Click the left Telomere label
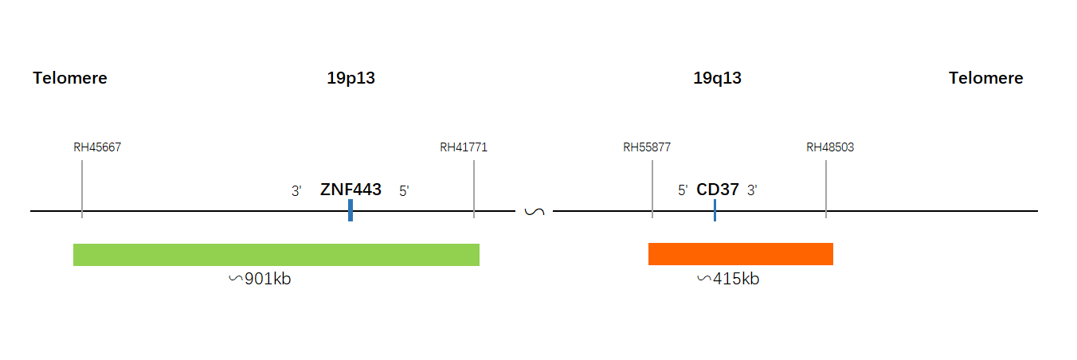pos(70,78)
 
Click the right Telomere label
pos(985,78)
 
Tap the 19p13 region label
pos(351,78)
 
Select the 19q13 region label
pos(718,78)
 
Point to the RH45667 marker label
pos(97,147)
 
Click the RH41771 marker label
pos(464,147)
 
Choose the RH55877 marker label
pos(647,147)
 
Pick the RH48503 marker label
pos(830,147)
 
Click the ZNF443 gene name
pos(351,190)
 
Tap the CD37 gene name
pos(718,190)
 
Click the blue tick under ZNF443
pos(351,210)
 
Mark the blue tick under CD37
pos(715,210)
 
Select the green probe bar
pos(276,255)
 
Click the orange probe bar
pos(741,254)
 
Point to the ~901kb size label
pos(260,279)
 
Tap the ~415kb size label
pos(728,279)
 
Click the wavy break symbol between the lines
pos(535,212)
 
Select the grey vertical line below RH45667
pos(82,189)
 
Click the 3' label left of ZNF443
pos(296,191)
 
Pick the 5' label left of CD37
pos(683,190)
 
